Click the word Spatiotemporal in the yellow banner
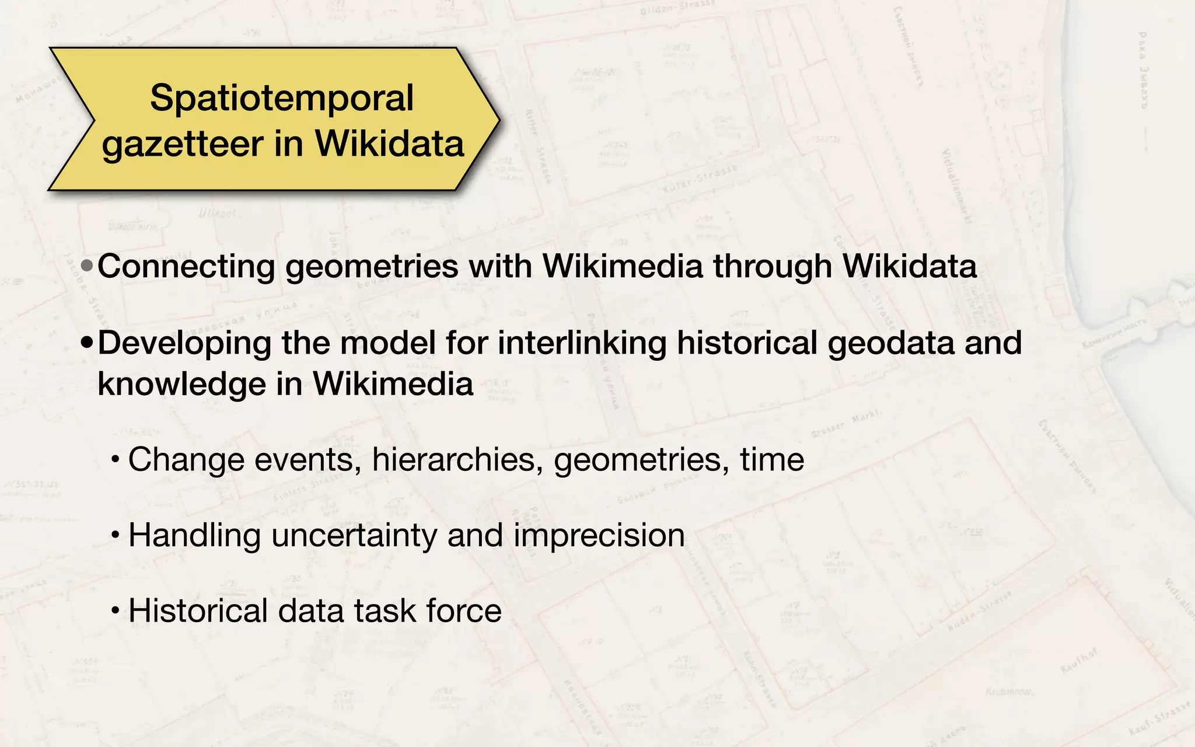pos(282,98)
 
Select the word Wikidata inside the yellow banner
pos(389,144)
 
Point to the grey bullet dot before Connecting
pos(87,267)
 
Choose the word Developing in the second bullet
pos(184,343)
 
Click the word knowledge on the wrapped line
pos(181,385)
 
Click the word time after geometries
pos(772,459)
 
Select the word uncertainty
pos(354,535)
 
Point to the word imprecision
pos(599,535)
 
